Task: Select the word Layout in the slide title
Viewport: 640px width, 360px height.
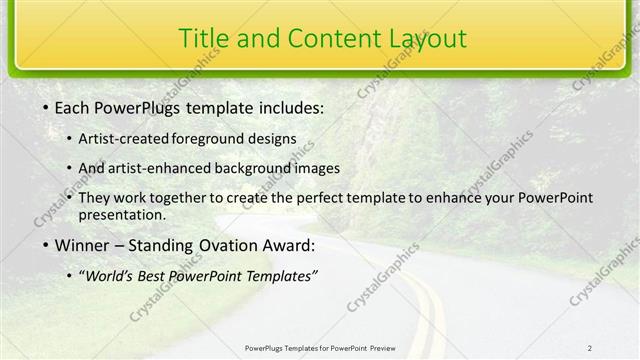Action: point(422,38)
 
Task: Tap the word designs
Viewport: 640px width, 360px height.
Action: point(269,138)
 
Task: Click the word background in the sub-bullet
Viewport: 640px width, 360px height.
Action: point(266,168)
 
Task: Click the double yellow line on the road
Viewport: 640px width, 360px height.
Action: point(425,300)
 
